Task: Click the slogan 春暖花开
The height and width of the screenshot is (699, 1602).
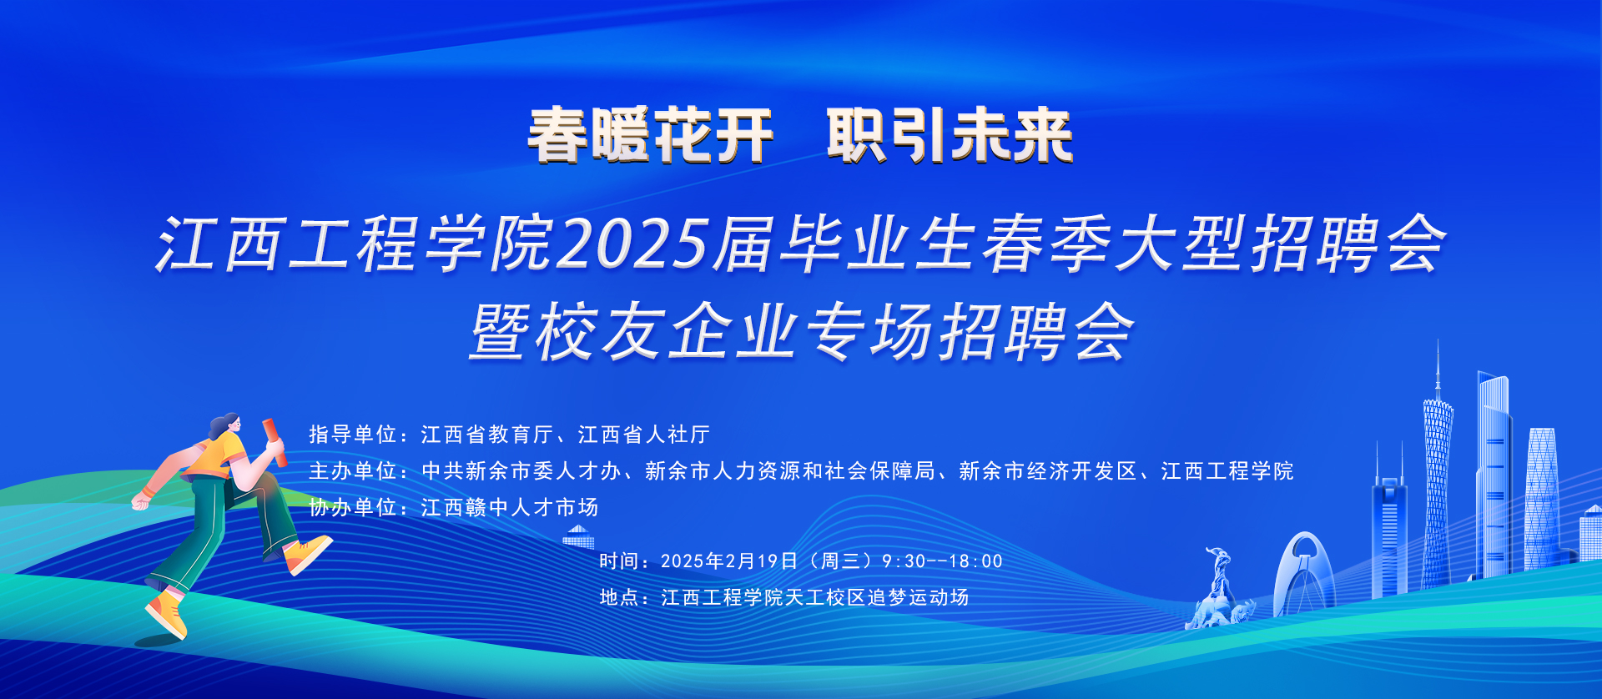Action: tap(650, 136)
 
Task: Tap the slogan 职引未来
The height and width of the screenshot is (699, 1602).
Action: tap(950, 136)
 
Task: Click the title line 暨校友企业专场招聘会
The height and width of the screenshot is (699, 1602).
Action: tap(802, 332)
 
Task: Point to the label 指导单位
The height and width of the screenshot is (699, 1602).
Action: tap(352, 435)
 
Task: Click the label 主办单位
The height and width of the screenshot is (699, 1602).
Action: tap(352, 471)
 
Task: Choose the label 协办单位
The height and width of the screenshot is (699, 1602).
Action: tap(352, 507)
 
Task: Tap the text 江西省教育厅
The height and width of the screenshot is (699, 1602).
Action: tap(487, 435)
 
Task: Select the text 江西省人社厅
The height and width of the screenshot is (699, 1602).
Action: tap(644, 435)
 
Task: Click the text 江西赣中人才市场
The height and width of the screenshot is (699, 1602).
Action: tap(510, 507)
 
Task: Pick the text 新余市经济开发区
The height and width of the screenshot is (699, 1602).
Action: tap(1048, 471)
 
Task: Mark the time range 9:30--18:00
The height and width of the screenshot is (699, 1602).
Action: tap(942, 561)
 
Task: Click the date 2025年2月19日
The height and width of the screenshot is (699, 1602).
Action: tap(729, 561)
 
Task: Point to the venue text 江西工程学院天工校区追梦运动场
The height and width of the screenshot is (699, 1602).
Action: tap(814, 597)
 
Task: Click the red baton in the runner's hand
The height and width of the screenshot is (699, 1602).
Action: tap(275, 442)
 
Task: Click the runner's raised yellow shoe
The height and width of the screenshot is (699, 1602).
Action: tap(307, 554)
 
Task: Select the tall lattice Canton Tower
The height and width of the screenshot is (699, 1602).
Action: tap(1437, 467)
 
